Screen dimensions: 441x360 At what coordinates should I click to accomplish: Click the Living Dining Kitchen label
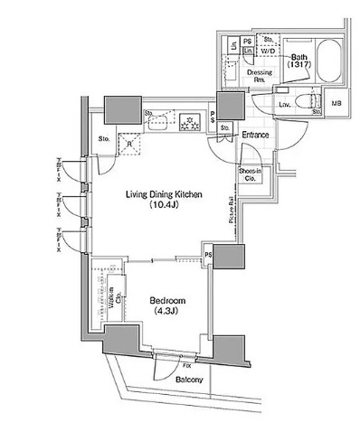(162, 194)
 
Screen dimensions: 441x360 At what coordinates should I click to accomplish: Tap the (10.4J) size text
(163, 206)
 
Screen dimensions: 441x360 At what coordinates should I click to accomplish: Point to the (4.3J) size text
(168, 312)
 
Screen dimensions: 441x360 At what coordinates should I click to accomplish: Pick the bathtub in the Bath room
(326, 67)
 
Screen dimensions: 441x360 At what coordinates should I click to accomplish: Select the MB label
(337, 105)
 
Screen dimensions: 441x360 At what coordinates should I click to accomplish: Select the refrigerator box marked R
(130, 142)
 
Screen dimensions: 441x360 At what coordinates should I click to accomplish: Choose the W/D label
(268, 51)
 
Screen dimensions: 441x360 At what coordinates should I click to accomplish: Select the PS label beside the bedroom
(207, 256)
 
